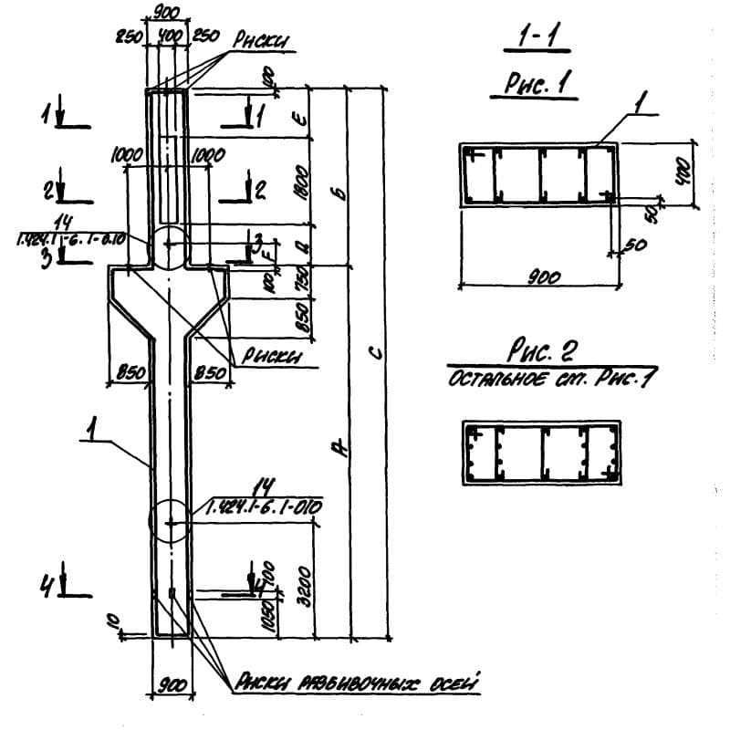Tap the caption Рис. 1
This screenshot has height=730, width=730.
click(539, 85)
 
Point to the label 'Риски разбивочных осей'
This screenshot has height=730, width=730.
click(357, 682)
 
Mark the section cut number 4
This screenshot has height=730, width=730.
click(45, 589)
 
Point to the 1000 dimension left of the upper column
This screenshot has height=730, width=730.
click(128, 156)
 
